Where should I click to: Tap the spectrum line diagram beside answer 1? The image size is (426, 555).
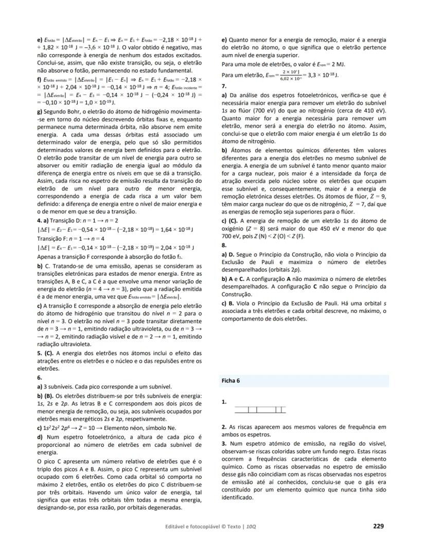point(259,410)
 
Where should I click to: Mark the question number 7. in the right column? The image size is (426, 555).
point(224,86)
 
